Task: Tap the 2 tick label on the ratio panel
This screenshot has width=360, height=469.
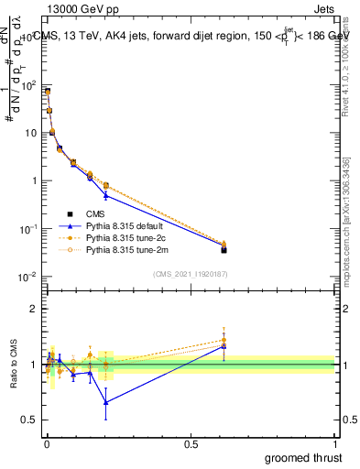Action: point(33,309)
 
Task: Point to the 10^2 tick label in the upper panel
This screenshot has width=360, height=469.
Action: point(27,85)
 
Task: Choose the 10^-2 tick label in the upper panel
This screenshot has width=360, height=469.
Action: point(27,276)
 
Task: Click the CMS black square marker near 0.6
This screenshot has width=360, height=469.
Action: point(224,249)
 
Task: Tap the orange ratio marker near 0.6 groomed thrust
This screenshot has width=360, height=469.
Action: point(224,340)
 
